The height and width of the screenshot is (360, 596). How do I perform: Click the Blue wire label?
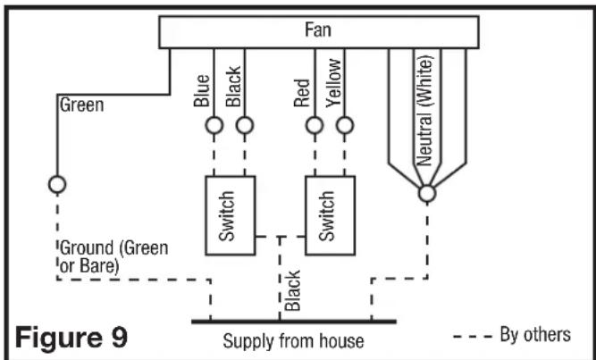coord(201,90)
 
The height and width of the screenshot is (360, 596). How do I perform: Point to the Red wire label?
coord(302,93)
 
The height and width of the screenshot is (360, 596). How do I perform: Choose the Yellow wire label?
coord(333,83)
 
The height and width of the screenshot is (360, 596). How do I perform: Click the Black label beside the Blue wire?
coord(233,87)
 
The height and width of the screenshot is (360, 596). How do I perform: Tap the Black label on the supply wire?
coord(293,291)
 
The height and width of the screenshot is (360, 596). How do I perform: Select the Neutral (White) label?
coord(425,111)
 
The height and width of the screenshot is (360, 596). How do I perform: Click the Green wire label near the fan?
coord(81,105)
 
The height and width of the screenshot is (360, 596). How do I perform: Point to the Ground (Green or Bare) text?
coord(114,257)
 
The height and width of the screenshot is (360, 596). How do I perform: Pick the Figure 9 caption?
coord(71,338)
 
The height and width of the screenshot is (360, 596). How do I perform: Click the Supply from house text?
coord(293,341)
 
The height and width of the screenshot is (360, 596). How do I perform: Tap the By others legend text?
coord(535,335)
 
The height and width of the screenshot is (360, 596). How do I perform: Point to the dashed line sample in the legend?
coord(473,337)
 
